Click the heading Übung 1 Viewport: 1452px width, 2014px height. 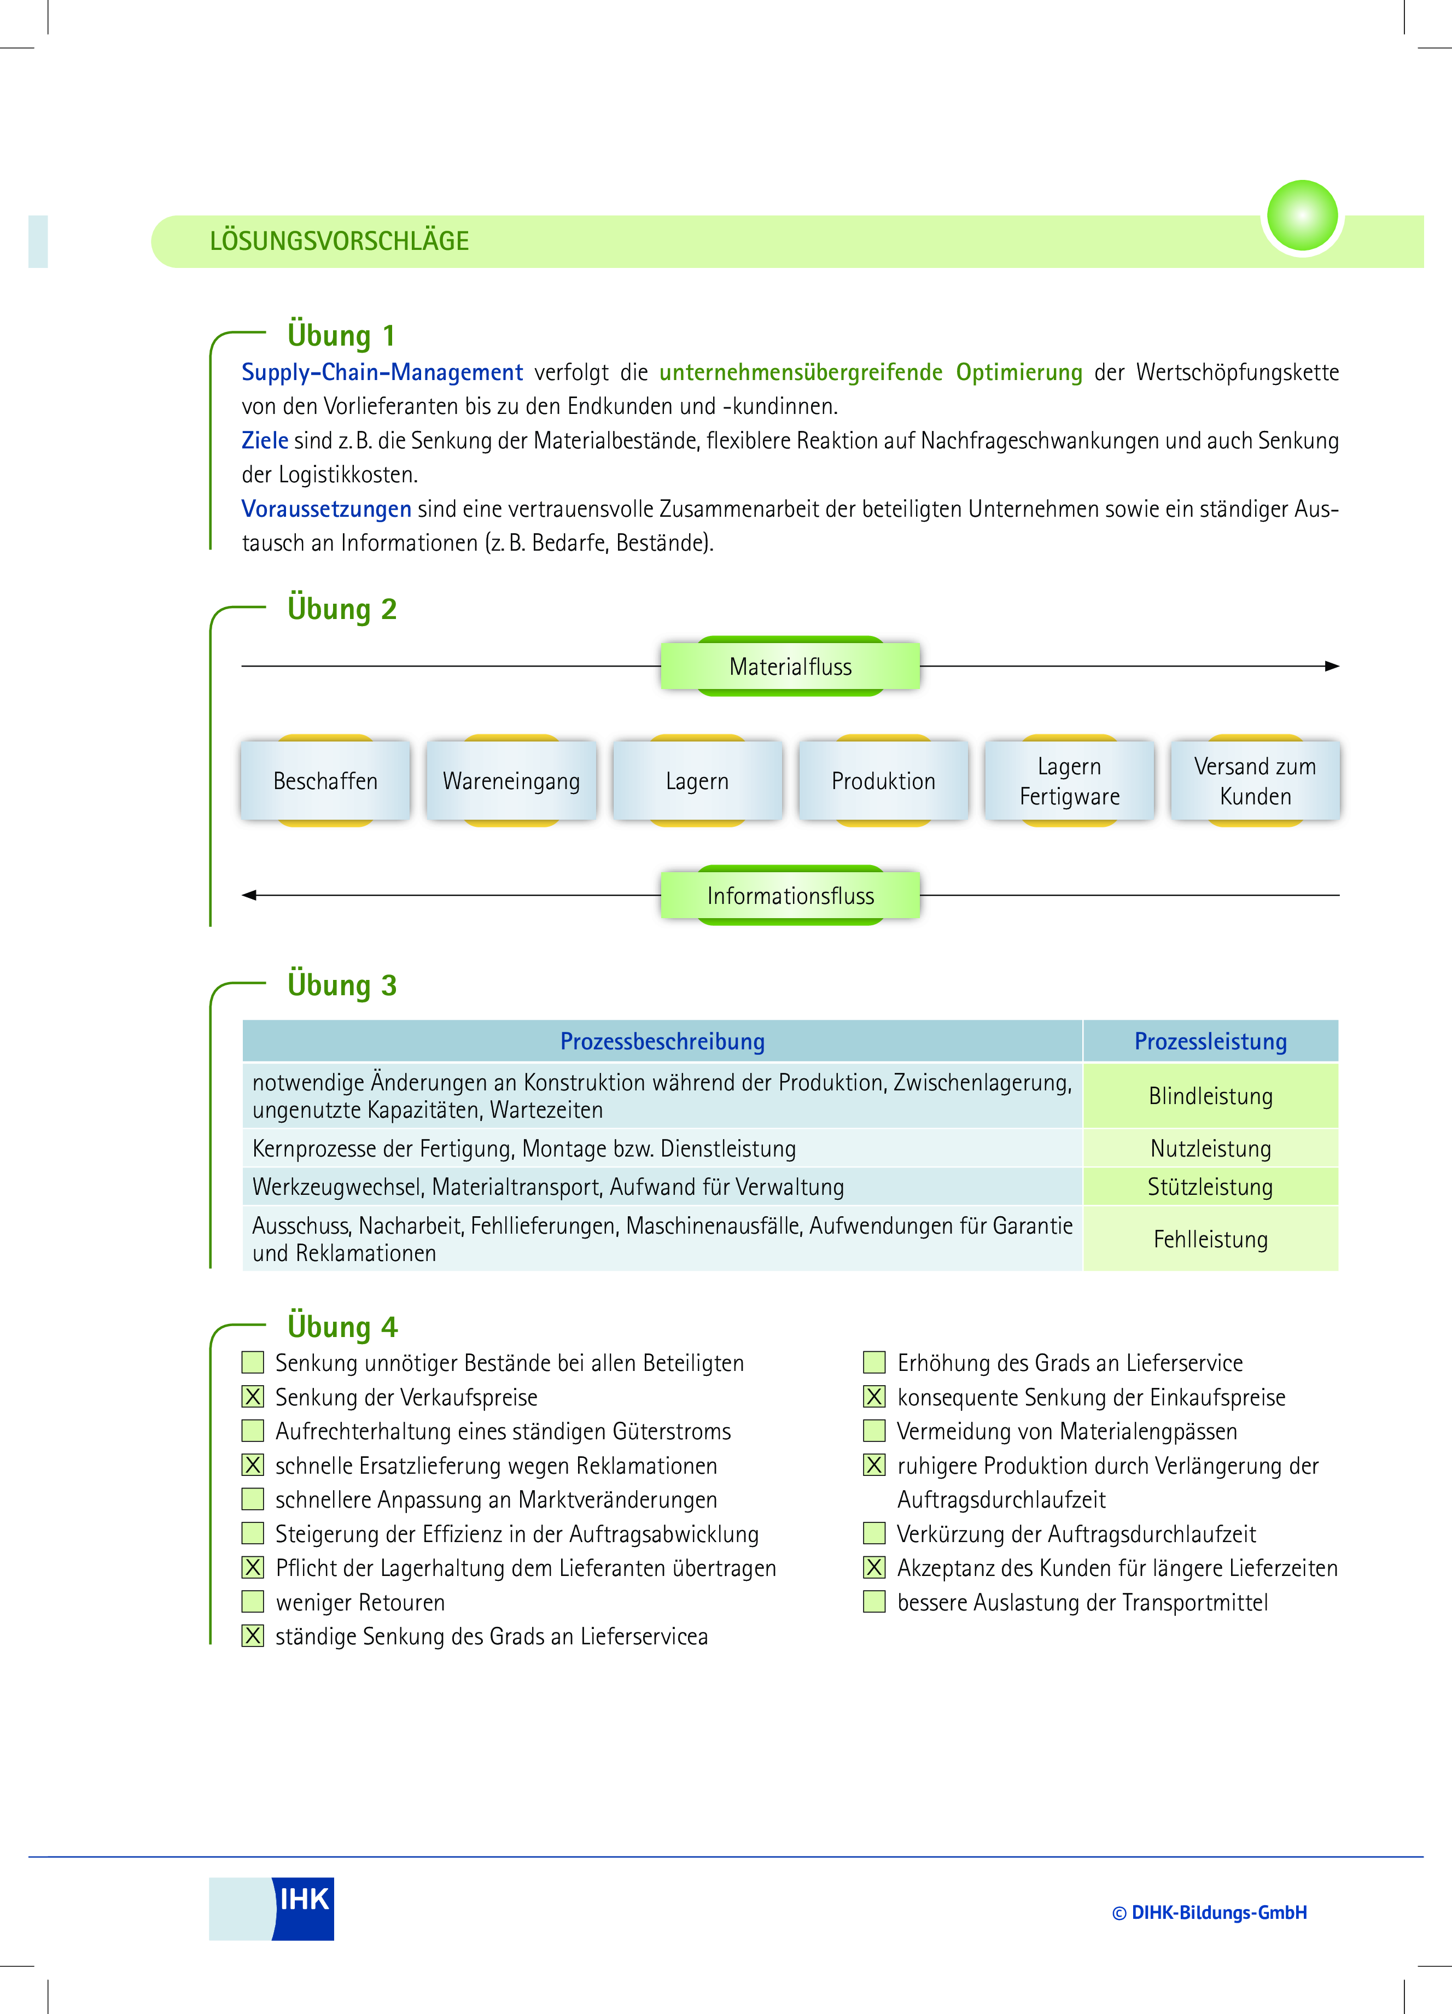341,336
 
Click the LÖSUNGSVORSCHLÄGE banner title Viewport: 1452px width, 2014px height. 339,241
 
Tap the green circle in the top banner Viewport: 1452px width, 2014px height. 1302,216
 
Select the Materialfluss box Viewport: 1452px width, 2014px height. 790,666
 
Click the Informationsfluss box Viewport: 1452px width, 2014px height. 790,895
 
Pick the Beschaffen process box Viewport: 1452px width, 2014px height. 325,780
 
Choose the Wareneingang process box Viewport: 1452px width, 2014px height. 511,780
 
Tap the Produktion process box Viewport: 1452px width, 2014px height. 884,780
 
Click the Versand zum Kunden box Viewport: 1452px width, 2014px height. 1256,780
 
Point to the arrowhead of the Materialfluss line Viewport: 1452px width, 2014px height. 1334,666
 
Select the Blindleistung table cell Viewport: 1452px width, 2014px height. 1210,1096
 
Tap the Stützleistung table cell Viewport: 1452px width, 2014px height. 1210,1187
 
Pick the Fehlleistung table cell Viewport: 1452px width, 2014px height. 1210,1239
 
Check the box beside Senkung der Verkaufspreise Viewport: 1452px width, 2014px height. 253,1397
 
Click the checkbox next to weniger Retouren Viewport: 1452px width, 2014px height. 253,1602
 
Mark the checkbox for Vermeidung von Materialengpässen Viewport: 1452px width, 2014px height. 874,1431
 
